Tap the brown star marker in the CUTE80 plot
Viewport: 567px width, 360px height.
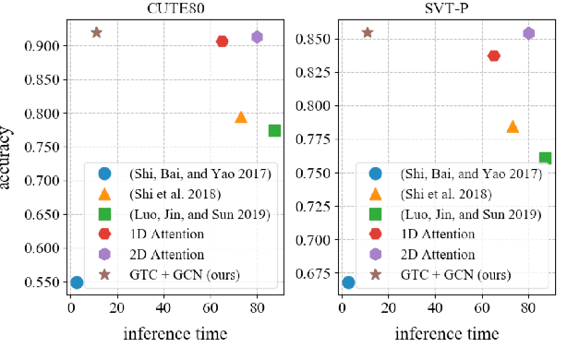96,32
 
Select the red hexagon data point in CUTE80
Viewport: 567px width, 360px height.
223,42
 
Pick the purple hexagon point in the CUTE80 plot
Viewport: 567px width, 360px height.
258,37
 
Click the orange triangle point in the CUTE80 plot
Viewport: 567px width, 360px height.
241,117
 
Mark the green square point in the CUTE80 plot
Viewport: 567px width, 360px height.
274,130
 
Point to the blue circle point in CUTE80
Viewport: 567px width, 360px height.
77,282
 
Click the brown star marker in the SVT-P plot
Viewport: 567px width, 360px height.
368,32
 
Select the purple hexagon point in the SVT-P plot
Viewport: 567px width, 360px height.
529,33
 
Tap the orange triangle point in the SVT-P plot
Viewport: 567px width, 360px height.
513,126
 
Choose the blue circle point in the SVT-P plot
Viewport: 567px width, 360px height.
348,282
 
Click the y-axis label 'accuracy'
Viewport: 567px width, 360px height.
8,157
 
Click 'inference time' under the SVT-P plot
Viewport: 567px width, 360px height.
441,331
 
